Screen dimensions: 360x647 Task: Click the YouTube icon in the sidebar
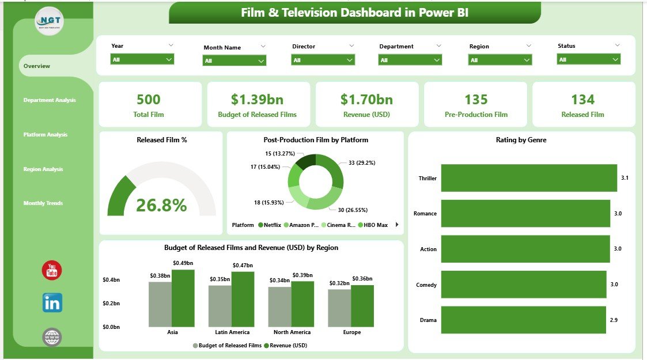point(52,270)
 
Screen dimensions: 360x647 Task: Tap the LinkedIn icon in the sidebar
point(52,303)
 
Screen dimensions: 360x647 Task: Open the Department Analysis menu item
point(50,100)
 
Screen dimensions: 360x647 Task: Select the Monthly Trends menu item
point(43,203)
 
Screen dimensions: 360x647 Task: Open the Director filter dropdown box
point(323,60)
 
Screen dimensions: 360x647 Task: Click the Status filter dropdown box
point(588,59)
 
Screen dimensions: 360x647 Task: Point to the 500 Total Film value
point(149,100)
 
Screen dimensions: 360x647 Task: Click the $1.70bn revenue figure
point(366,100)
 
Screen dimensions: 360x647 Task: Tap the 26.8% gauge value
point(162,205)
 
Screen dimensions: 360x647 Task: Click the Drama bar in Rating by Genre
point(524,320)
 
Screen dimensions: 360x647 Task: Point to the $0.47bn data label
point(243,266)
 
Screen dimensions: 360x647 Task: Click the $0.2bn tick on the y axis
point(112,303)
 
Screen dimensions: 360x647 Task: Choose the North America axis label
point(292,332)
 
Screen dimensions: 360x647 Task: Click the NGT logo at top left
point(50,22)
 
